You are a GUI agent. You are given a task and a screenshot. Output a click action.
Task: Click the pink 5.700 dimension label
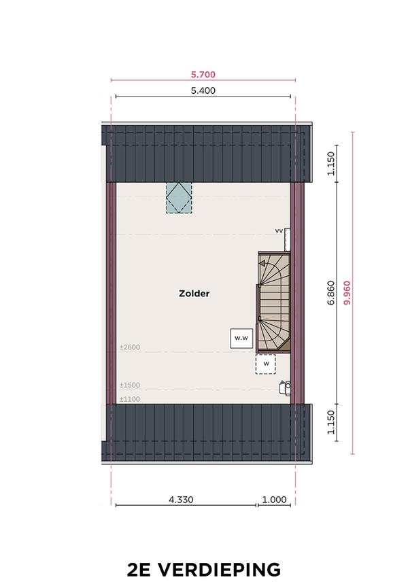(x=203, y=74)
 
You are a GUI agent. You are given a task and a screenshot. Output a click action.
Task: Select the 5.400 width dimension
(x=203, y=90)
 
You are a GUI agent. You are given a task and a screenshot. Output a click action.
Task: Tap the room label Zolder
(x=194, y=294)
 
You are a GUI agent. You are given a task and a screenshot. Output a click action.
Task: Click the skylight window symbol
(x=179, y=198)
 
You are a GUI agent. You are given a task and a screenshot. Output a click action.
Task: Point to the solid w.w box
(x=241, y=339)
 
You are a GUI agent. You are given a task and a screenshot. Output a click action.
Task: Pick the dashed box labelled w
(x=265, y=364)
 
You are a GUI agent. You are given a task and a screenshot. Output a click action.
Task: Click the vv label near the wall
(x=279, y=231)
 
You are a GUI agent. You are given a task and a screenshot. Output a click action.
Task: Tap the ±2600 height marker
(x=130, y=347)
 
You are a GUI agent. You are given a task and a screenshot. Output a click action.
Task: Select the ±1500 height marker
(x=130, y=385)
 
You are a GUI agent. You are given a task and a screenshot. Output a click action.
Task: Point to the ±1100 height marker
(x=130, y=399)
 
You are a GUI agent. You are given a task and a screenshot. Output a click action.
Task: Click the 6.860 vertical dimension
(x=331, y=293)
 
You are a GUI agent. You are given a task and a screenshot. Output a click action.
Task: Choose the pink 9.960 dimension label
(x=347, y=293)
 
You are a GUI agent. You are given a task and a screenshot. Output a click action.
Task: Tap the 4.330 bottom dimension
(x=181, y=500)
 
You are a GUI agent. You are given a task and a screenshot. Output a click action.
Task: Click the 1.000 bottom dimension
(x=274, y=500)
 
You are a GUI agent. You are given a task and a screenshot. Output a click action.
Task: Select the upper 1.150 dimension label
(x=331, y=163)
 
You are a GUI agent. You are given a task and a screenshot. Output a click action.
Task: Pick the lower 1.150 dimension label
(x=331, y=422)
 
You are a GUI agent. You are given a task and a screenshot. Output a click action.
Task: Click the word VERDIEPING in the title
(x=219, y=570)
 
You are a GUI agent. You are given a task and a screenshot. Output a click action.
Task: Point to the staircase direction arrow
(x=262, y=264)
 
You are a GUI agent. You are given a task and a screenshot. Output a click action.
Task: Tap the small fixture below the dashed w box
(x=285, y=387)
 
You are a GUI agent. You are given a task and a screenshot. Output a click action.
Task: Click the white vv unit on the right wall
(x=287, y=239)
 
